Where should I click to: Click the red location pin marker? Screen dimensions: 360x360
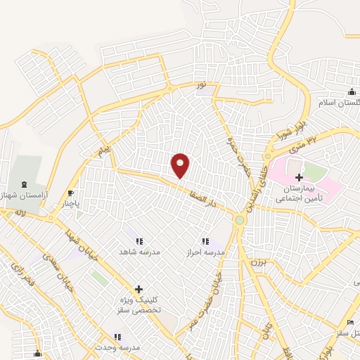[181, 165]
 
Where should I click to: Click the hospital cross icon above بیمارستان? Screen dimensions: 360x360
[300, 177]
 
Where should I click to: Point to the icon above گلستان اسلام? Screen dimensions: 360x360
[351, 91]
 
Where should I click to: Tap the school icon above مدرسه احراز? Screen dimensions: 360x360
[205, 240]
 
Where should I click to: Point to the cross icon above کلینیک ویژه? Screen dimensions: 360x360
[139, 288]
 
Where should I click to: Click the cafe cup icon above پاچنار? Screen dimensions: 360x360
[70, 193]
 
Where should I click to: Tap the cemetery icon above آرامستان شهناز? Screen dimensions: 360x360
[28, 181]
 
